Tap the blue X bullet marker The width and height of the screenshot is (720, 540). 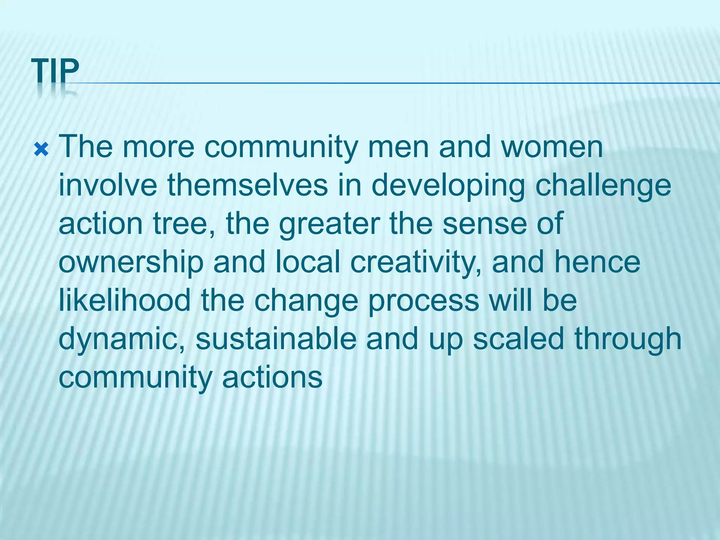pyautogui.click(x=41, y=150)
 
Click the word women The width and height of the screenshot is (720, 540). pyautogui.click(x=552, y=147)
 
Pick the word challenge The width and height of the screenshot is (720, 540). pyautogui.click(x=603, y=186)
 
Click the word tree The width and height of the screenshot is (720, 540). pyautogui.click(x=184, y=224)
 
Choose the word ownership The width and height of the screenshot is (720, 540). pyautogui.click(x=131, y=263)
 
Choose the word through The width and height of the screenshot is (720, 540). pyautogui.click(x=628, y=340)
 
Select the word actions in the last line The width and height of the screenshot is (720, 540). pyautogui.click(x=272, y=378)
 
